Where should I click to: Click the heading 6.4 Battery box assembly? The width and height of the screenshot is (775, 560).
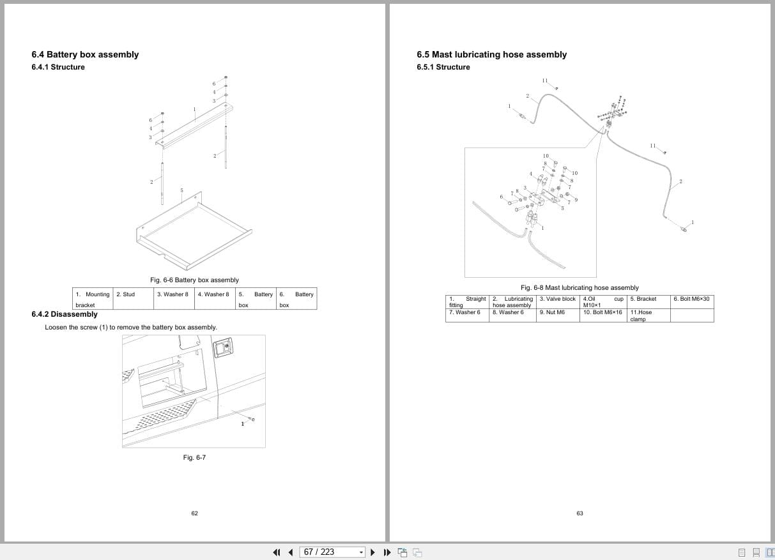click(x=85, y=54)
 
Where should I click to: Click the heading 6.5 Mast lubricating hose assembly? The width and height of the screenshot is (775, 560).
click(x=491, y=54)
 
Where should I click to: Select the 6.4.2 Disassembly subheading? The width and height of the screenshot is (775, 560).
click(x=65, y=314)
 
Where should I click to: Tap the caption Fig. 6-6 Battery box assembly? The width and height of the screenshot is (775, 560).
click(x=194, y=280)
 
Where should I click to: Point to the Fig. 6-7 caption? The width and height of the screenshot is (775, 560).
click(x=194, y=457)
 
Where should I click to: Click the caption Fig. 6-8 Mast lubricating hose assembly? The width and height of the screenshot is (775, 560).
click(x=579, y=287)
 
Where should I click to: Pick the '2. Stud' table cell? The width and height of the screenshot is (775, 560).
click(x=125, y=294)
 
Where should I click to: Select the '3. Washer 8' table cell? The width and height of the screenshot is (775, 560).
click(x=173, y=294)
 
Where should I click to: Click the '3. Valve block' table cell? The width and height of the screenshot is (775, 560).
click(x=558, y=299)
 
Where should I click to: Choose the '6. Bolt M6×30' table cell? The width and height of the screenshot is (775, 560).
click(x=691, y=299)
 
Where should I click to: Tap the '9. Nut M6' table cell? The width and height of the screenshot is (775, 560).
click(x=552, y=312)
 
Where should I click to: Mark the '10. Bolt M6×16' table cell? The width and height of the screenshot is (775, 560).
click(x=602, y=312)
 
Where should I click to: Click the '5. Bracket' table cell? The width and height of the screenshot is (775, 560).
click(x=643, y=299)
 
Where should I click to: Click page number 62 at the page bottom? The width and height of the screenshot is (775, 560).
click(x=194, y=513)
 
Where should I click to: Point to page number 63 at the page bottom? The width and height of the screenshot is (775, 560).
click(x=579, y=513)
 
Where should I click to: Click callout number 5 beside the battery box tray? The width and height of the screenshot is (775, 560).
click(x=181, y=190)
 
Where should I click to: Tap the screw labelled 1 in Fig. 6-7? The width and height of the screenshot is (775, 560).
click(x=253, y=420)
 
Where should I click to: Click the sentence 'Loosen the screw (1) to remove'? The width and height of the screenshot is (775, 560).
click(x=130, y=327)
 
